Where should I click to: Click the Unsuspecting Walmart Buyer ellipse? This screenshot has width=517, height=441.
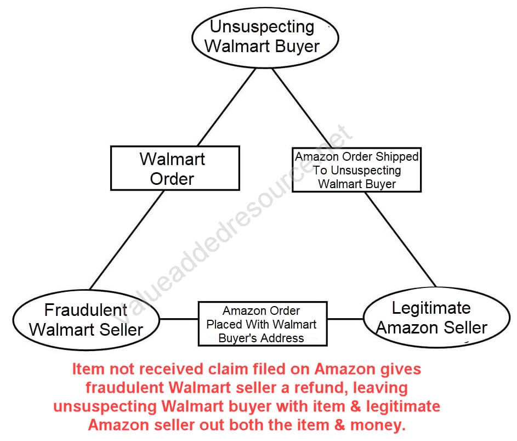click(265, 36)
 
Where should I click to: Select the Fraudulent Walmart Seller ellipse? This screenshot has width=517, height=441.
click(86, 319)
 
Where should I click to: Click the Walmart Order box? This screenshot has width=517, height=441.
click(174, 168)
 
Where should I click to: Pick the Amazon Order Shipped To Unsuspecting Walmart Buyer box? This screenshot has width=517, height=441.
click(356, 170)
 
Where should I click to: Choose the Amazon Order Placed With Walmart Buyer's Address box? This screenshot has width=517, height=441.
click(262, 324)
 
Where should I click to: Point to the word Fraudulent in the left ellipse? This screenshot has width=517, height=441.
click(86, 310)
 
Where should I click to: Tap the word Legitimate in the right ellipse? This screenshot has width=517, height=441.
click(431, 308)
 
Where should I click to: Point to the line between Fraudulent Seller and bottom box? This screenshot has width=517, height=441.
click(178, 319)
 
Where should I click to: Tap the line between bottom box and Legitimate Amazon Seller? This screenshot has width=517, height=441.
click(345, 318)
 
